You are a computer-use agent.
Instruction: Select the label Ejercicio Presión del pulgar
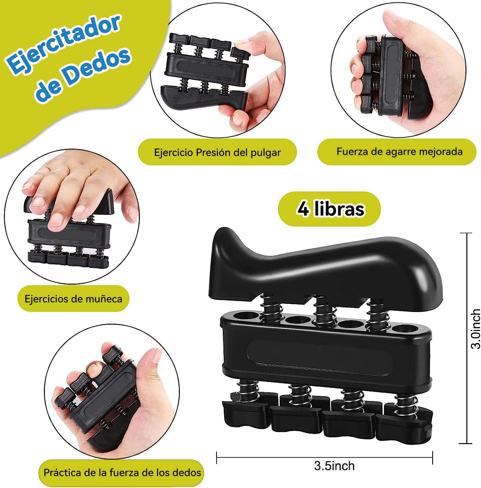click(x=217, y=152)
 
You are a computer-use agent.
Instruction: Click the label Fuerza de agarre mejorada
click(x=399, y=151)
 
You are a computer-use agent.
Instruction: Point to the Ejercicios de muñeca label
click(x=73, y=299)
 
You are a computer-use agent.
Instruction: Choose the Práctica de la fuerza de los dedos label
click(x=122, y=472)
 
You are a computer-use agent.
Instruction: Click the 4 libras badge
click(x=329, y=209)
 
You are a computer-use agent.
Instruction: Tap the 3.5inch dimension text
click(x=334, y=466)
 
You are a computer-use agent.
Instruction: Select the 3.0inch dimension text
click(x=475, y=329)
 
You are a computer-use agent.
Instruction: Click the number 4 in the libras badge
click(x=303, y=209)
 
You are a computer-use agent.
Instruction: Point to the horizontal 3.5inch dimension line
click(x=325, y=457)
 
